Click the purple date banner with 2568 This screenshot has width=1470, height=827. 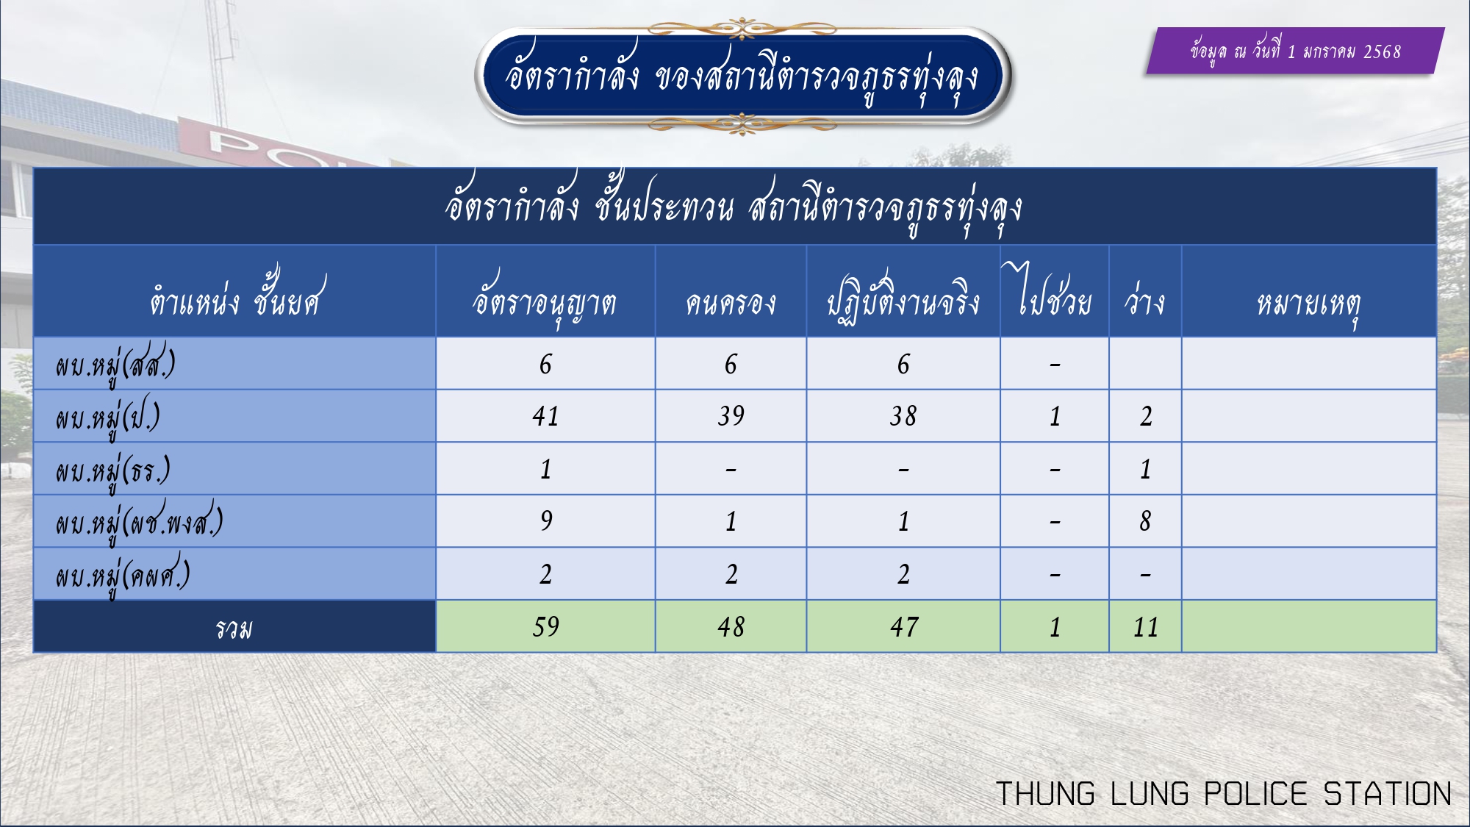pos(1295,51)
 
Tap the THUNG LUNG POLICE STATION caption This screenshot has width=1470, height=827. pos(1224,794)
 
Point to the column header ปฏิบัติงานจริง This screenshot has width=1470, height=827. pos(903,298)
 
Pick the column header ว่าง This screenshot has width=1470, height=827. pos(1145,298)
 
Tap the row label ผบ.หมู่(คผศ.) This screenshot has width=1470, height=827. pos(123,576)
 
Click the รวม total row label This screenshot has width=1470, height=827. pos(234,628)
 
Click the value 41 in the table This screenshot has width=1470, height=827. pos(545,416)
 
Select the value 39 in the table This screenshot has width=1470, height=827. pos(731,416)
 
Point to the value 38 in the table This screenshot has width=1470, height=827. pos(903,416)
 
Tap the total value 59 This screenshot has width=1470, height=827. pos(545,626)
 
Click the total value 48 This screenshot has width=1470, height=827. pos(731,626)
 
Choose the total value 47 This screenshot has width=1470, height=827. pos(903,626)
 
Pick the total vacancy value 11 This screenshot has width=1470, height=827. pos(1145,626)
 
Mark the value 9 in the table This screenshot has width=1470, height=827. pos(545,520)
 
